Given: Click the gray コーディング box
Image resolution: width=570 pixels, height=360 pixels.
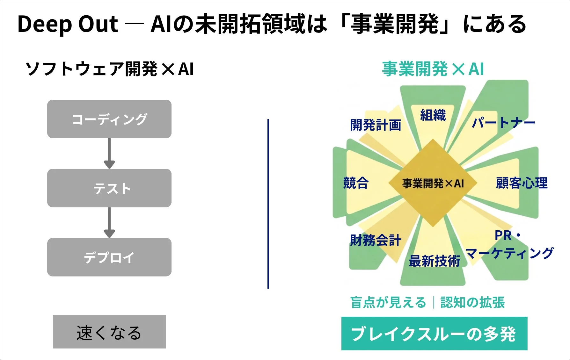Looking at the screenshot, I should (109, 119).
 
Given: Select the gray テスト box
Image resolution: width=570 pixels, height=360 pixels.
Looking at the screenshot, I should (109, 188).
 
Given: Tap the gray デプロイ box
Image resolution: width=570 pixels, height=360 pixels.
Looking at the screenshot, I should (109, 257).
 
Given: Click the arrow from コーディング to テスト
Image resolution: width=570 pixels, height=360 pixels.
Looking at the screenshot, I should (109, 153).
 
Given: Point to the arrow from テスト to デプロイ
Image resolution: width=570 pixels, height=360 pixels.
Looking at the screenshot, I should (109, 222).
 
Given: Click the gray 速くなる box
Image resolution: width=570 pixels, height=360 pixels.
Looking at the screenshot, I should (109, 332).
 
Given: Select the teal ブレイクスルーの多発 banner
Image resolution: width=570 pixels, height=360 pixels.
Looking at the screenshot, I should (434, 334).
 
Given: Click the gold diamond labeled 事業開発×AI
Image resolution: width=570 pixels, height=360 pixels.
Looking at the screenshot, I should (433, 183).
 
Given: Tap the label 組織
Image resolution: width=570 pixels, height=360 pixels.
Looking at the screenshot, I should (433, 115).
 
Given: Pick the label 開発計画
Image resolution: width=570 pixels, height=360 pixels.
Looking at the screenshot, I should (376, 125).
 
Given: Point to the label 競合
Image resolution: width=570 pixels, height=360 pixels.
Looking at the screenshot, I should (356, 183).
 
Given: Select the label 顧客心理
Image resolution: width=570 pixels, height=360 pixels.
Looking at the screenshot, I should (522, 183).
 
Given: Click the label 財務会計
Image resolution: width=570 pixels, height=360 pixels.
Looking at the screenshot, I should (376, 240).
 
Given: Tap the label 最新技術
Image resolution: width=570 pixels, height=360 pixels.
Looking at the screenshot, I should (434, 261).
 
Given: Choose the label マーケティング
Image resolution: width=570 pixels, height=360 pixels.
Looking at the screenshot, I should (509, 254).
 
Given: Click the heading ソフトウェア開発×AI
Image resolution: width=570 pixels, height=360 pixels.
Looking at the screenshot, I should (109, 69).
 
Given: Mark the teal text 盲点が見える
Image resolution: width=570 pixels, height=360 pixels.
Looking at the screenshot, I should (388, 302).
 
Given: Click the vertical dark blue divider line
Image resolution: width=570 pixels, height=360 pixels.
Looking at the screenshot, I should (268, 204).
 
